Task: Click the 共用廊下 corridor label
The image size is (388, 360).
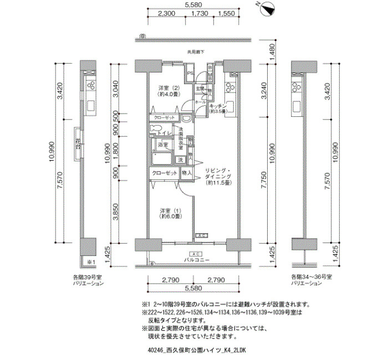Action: click(x=195, y=52)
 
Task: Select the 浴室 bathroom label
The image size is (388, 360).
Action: click(x=164, y=145)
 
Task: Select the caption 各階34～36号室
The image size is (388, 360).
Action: click(x=311, y=276)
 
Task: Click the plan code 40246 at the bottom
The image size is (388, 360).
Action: click(x=157, y=350)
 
